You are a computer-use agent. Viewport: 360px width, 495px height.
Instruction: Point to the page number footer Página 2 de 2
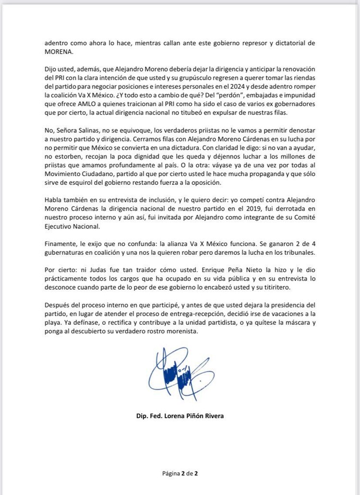coord(180,473)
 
